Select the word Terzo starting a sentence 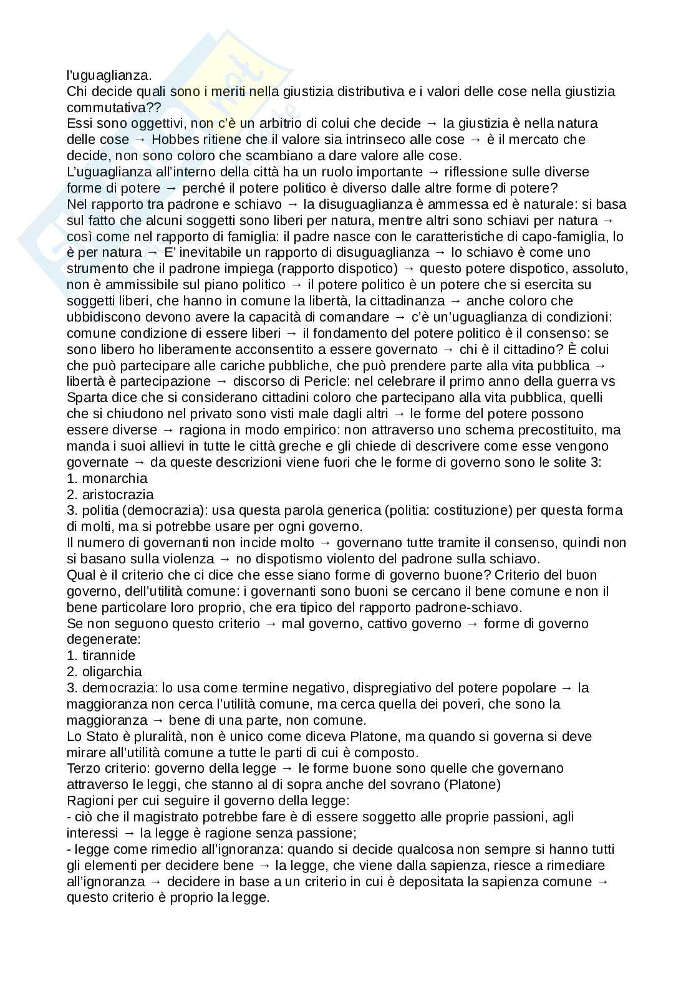[84, 768]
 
